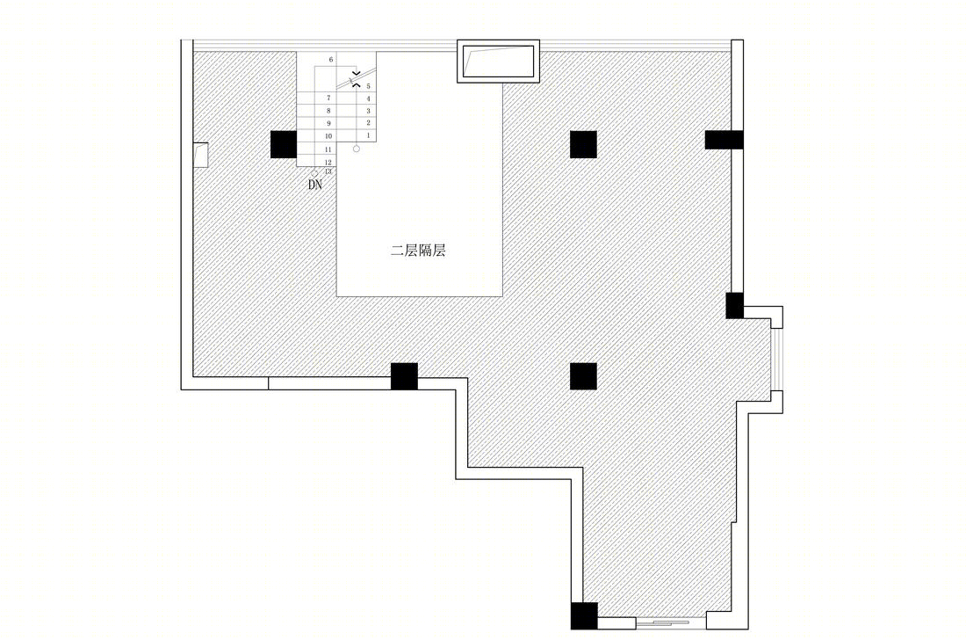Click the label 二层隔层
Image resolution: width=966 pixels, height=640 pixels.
[x=418, y=251]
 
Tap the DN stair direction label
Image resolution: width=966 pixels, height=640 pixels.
[x=314, y=185]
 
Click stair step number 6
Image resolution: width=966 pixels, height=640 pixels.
[x=331, y=60]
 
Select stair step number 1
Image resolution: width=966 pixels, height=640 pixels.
[x=369, y=135]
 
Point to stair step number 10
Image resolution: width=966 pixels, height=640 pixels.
[x=328, y=136]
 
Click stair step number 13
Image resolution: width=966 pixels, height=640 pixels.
[x=328, y=171]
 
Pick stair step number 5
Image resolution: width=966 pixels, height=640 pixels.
[x=369, y=86]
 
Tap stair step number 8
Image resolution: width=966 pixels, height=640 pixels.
[x=328, y=111]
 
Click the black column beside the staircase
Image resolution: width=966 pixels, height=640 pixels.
[x=284, y=144]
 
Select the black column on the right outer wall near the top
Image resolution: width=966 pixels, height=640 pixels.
[x=724, y=140]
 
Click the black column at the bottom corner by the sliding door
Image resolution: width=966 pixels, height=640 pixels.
[x=584, y=616]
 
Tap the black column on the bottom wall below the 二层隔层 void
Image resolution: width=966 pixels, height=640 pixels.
[x=404, y=377]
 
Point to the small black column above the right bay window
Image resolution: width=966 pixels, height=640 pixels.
[x=734, y=306]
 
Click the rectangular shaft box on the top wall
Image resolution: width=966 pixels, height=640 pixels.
[x=498, y=61]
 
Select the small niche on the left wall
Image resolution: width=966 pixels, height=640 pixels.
[x=200, y=155]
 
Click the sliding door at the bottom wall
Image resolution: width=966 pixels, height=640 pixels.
[x=671, y=622]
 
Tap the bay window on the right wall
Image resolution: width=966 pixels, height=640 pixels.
[x=776, y=360]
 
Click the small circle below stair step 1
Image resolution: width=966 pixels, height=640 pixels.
[x=356, y=149]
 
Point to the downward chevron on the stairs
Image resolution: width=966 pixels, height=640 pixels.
[x=356, y=73]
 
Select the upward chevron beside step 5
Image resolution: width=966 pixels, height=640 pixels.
[x=356, y=84]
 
